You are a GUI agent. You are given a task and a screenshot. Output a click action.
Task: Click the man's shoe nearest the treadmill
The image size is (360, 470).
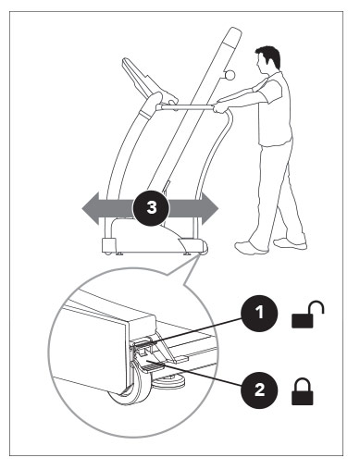click(x=250, y=246)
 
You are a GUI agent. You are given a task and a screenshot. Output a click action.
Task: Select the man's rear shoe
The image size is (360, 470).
click(x=290, y=242)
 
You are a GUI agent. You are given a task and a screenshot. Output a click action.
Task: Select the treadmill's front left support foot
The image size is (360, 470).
click(x=108, y=246)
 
